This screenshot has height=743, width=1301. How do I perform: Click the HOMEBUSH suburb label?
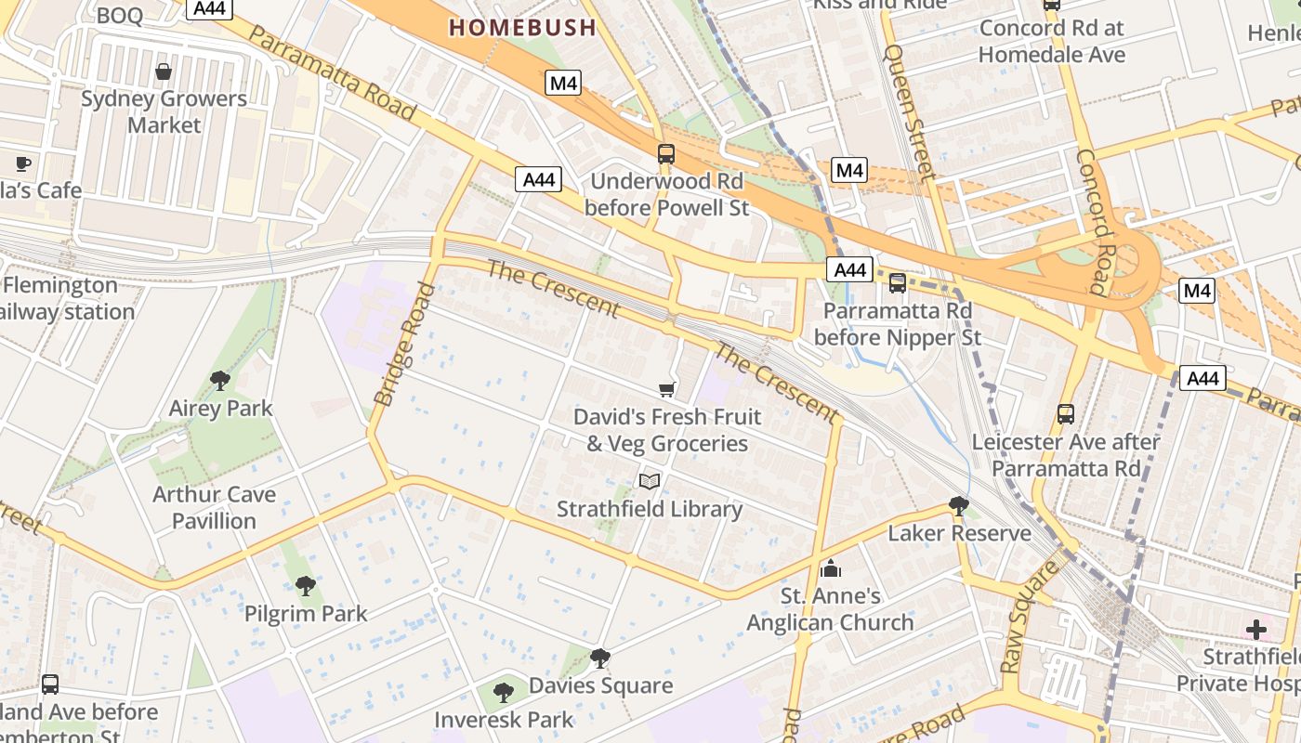click(522, 27)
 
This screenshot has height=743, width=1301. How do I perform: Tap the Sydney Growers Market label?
click(164, 111)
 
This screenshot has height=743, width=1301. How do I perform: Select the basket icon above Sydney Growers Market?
click(164, 72)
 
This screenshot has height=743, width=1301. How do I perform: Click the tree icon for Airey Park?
click(220, 380)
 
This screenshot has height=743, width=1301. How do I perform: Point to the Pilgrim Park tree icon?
click(305, 586)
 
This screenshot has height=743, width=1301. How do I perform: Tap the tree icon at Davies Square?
click(600, 658)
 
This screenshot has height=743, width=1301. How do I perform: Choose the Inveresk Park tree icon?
click(504, 692)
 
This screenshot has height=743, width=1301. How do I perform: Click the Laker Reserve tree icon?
click(959, 505)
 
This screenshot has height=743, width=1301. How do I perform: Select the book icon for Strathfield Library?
click(649, 481)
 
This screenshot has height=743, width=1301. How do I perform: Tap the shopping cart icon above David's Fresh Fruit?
click(666, 389)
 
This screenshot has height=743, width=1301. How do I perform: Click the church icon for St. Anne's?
click(831, 568)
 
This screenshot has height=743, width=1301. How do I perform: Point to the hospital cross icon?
click(1256, 631)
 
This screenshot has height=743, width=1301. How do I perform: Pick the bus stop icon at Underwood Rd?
click(666, 154)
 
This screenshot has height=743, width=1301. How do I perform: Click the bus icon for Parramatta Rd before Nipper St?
click(898, 283)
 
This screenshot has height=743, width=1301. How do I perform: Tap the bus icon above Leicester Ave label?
click(1066, 414)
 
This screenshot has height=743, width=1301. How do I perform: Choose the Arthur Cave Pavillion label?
click(214, 507)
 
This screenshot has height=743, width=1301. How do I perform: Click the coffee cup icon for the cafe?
click(23, 164)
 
